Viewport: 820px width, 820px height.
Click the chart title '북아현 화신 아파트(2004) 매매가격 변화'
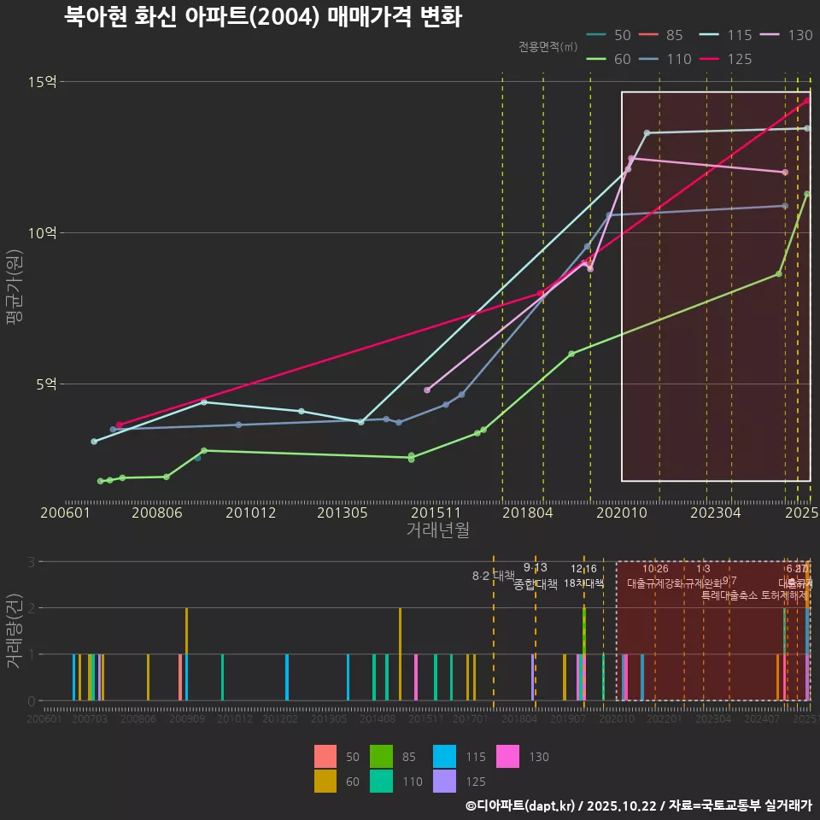(263, 17)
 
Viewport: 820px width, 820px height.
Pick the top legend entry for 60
(610, 59)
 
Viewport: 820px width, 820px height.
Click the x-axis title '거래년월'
(437, 530)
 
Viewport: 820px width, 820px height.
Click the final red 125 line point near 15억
(806, 101)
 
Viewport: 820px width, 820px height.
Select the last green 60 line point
(807, 194)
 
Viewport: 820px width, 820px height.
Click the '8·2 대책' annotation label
(493, 576)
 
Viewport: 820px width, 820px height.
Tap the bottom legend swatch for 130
(508, 757)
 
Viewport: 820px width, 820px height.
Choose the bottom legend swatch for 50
(325, 757)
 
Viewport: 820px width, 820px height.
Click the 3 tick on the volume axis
(31, 562)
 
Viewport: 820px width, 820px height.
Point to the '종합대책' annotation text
(535, 584)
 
